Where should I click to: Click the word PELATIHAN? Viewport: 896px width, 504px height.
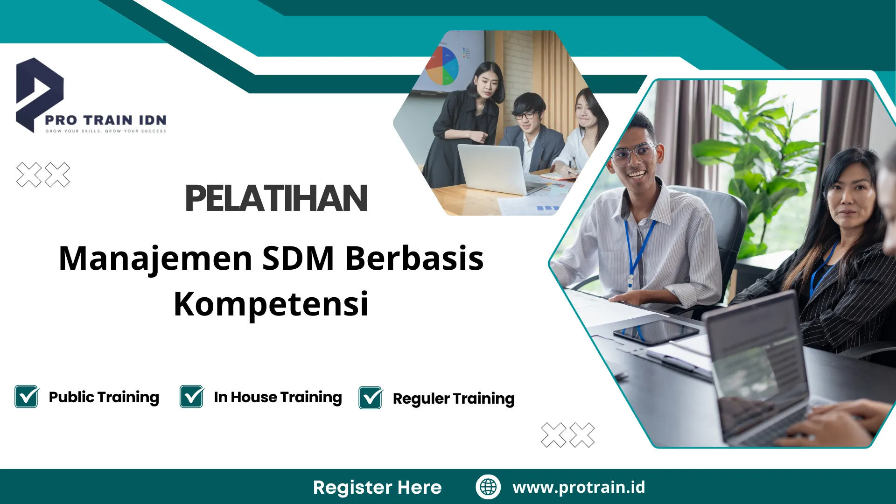[x=276, y=198]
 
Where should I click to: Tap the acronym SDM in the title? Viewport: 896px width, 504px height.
[x=298, y=259]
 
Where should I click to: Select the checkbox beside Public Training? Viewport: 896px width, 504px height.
[x=27, y=397]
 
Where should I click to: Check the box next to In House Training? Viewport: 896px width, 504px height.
[x=192, y=397]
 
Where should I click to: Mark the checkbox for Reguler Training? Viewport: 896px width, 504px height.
[x=371, y=398]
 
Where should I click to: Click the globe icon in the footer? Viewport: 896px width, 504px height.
[x=488, y=487]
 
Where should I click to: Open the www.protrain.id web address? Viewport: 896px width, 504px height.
[x=579, y=487]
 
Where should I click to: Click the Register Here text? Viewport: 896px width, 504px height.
[x=377, y=487]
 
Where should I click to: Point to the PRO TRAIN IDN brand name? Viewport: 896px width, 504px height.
[x=106, y=120]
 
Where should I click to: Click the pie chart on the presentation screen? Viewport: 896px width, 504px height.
[x=441, y=65]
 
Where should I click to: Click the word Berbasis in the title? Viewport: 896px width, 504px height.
[x=414, y=259]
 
